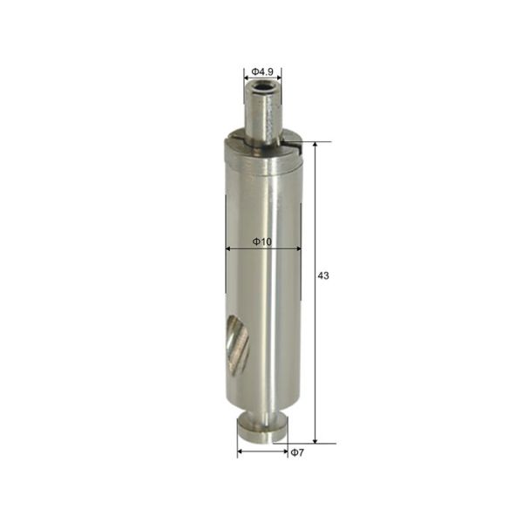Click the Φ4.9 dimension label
pyautogui.click(x=262, y=71)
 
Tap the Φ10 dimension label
pyautogui.click(x=262, y=241)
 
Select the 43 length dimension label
pyautogui.click(x=323, y=275)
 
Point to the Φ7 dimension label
pyautogui.click(x=297, y=452)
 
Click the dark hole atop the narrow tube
pyautogui.click(x=262, y=89)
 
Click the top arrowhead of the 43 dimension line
pyautogui.click(x=315, y=145)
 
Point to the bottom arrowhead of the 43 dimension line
pyautogui.click(x=315, y=440)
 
